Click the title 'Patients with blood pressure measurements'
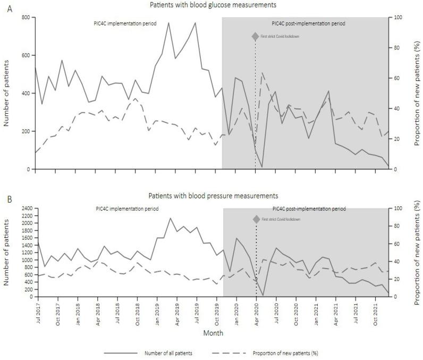[x=213, y=196]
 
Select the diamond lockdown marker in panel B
[x=256, y=219]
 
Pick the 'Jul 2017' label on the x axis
[x=37, y=312]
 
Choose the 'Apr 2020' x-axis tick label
[x=256, y=312]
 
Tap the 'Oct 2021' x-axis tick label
[x=376, y=312]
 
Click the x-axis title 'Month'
[x=213, y=333]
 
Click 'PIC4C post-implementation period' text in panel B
[x=309, y=209]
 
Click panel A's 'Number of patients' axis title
[x=6, y=94]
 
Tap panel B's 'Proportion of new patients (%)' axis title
[x=417, y=253]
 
